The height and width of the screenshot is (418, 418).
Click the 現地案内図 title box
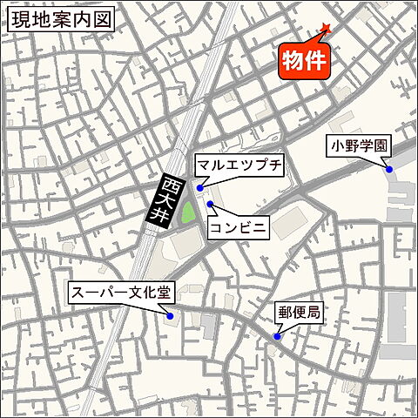point(60,20)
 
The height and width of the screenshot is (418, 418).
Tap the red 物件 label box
point(305,61)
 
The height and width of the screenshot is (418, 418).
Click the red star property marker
point(326,30)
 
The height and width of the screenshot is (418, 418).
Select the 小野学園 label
point(357,146)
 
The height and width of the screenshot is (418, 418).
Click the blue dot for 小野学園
point(389,169)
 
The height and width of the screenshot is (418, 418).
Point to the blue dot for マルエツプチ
point(200,187)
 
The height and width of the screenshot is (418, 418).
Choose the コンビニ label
point(237,227)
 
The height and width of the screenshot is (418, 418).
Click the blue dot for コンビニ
point(210,203)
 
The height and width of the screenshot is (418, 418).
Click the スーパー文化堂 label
point(121,293)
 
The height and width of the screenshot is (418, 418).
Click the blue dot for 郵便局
point(277,336)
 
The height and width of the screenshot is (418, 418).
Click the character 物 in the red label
point(293,61)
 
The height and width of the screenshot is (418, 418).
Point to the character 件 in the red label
point(317,61)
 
